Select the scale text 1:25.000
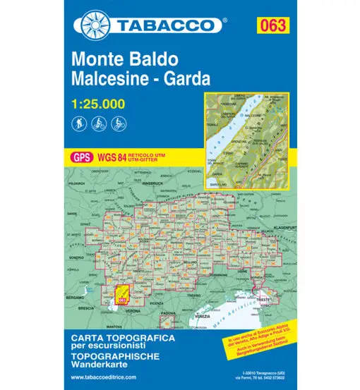tap(99, 104)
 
